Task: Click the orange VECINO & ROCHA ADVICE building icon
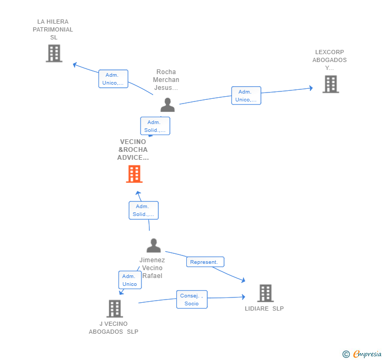pos(134,174)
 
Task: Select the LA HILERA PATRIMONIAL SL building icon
pos(54,53)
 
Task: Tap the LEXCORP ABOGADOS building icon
pos(331,84)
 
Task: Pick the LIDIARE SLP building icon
pos(266,293)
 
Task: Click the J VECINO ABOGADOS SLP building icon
pos(115,308)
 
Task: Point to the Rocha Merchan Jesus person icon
pos(167,105)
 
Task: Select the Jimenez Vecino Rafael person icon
pos(154,245)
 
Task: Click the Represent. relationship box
pos(205,262)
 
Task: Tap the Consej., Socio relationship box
pos(191,300)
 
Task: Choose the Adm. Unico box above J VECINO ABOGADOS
pos(130,280)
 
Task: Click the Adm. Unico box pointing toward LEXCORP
pos(246,96)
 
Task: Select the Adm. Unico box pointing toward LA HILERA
pos(113,79)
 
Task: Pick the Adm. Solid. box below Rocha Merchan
pos(155,126)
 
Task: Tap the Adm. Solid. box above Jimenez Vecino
pos(144,210)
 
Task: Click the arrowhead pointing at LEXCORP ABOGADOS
pos(311,88)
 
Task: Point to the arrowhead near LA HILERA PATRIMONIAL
pos(75,65)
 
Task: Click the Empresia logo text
pos(367,354)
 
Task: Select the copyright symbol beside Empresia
pos(346,354)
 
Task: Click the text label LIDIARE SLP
pos(264,308)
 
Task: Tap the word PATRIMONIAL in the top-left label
pos(53,29)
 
